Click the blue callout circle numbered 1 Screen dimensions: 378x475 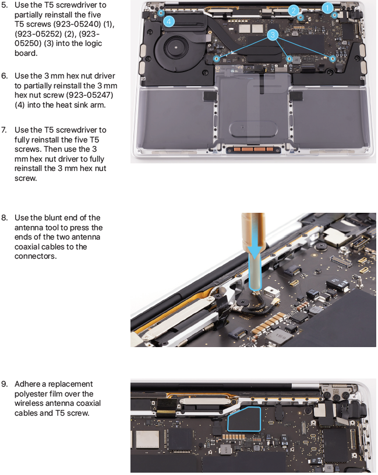[x=327, y=8]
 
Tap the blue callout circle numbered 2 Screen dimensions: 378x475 [x=294, y=11]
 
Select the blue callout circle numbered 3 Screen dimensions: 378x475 [x=273, y=35]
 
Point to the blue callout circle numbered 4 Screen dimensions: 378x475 [x=169, y=22]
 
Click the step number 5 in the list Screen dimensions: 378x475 [x=5, y=5]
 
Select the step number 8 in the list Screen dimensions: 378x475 [x=5, y=218]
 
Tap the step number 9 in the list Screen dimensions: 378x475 [x=5, y=384]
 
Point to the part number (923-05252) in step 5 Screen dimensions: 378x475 [x=38, y=34]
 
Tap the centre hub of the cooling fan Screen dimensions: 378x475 [x=176, y=47]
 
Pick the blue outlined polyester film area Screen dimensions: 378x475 [x=244, y=419]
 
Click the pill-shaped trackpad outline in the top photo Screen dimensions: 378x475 [x=253, y=128]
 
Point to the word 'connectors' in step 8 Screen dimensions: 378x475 [x=35, y=256]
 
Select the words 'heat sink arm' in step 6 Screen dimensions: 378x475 [x=76, y=105]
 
